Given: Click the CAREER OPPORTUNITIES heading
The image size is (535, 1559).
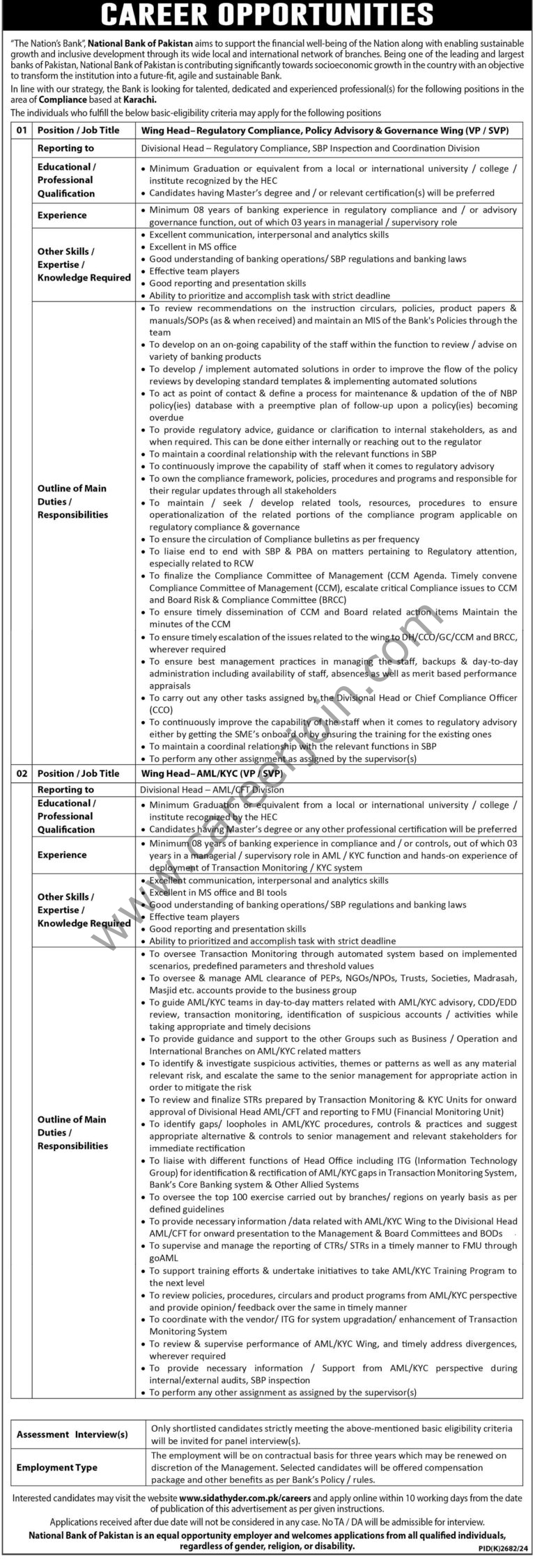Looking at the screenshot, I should [267, 14].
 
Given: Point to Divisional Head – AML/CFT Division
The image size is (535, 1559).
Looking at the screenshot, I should [212, 790].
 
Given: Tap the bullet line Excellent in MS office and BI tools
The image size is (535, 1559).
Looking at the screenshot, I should [218, 892].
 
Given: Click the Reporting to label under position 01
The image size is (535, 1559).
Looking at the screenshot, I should [65, 148].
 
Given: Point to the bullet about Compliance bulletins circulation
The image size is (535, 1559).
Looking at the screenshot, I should [284, 539].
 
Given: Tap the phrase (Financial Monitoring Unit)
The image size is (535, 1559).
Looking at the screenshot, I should [446, 1111].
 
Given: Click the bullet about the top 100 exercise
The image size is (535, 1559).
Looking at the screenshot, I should [333, 1197].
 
